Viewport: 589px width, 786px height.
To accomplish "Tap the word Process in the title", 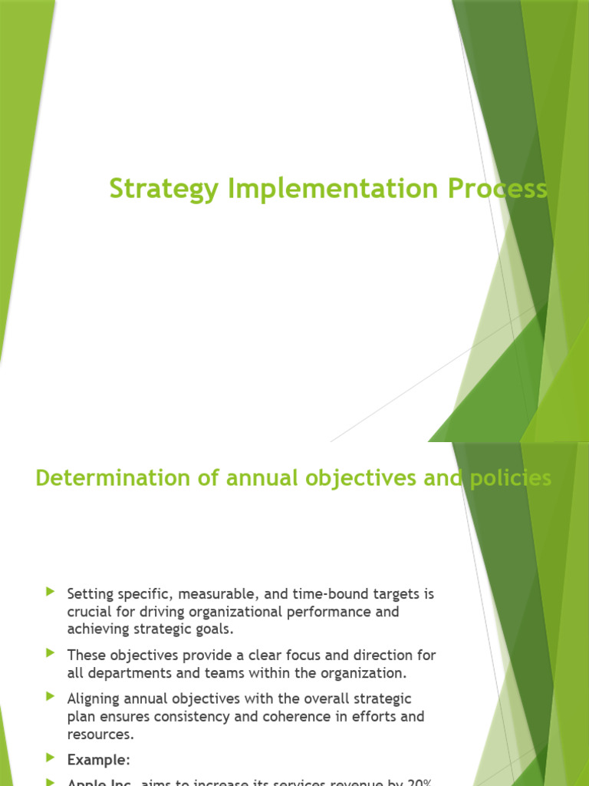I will (500, 188).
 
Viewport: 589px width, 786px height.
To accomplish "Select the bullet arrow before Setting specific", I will (51, 592).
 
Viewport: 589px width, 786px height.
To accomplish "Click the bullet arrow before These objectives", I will (51, 654).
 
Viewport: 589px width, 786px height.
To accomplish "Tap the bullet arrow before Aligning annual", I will (51, 697).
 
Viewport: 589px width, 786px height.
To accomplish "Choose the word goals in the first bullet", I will (214, 629).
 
